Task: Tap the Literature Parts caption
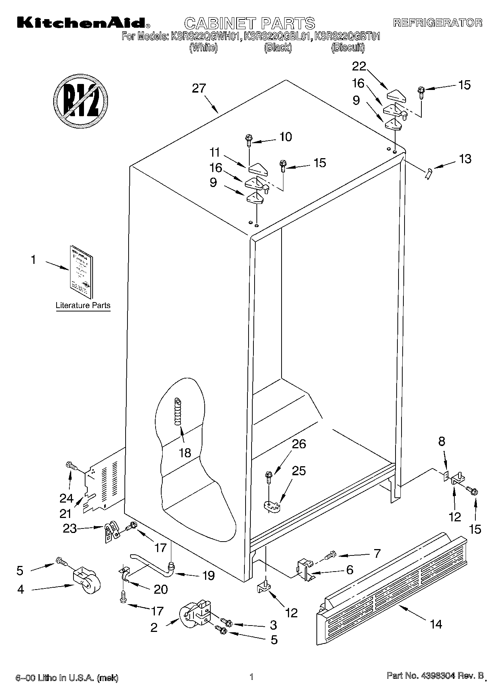tap(83, 305)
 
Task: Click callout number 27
tap(199, 88)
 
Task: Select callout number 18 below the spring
tap(185, 452)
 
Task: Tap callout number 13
tap(465, 159)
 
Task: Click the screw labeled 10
tap(249, 141)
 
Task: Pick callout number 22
tap(359, 66)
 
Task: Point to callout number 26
tap(299, 444)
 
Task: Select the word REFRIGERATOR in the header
tap(438, 22)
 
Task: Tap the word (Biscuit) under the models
tap(348, 48)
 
